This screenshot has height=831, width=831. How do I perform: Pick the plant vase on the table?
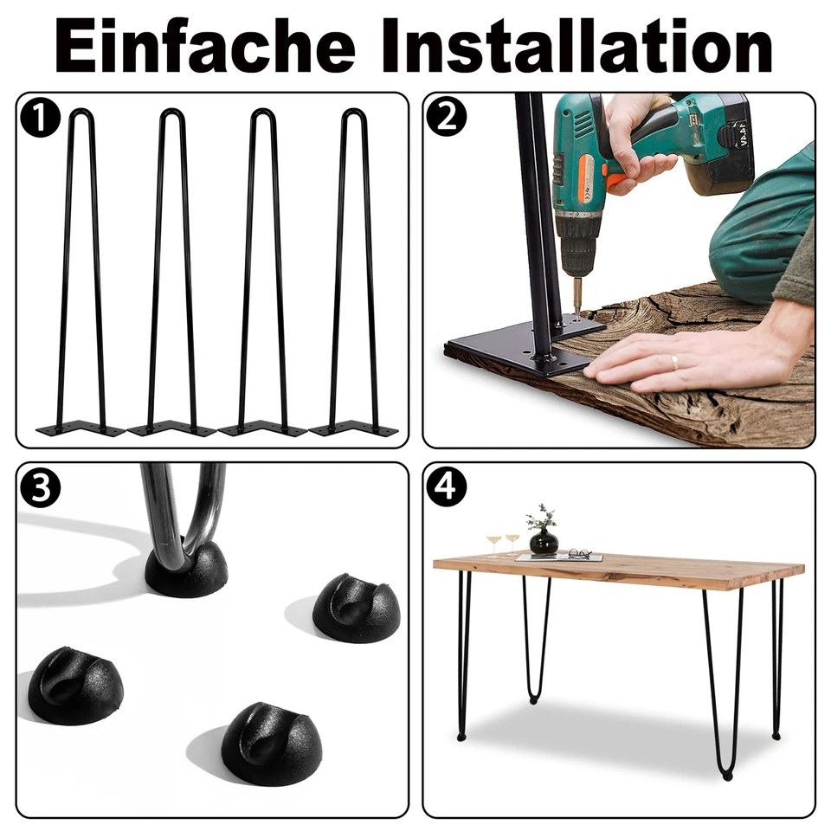coord(544,542)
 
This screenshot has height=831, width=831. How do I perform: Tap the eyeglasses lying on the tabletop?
coord(581,554)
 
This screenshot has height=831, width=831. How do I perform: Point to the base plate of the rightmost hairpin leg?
coord(355,428)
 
